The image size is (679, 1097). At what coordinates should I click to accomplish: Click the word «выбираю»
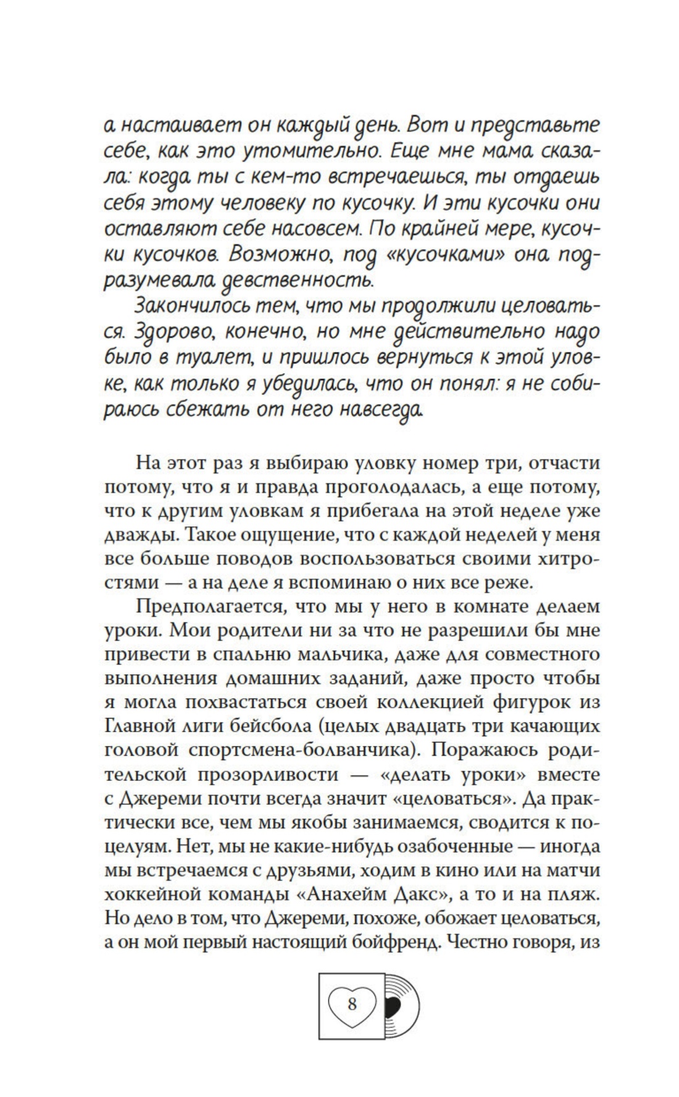pos(299,462)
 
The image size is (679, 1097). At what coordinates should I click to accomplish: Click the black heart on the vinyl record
pos(393,1007)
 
